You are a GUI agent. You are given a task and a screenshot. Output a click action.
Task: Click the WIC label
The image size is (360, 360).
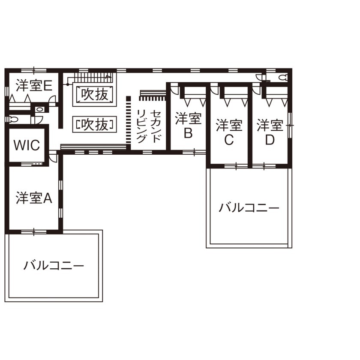27,145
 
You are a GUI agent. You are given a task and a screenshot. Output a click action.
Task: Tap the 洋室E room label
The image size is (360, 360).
34,86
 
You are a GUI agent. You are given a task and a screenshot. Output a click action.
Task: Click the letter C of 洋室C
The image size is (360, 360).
229,140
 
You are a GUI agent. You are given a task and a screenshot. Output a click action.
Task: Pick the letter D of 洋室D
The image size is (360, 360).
270,140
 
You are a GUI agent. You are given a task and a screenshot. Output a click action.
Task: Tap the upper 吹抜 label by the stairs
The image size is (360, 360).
95,94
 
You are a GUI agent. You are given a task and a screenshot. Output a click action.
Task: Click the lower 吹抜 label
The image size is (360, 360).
95,124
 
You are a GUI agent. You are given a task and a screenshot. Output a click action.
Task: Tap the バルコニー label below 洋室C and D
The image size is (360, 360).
249,208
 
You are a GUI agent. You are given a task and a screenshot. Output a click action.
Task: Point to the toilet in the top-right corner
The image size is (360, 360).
282,78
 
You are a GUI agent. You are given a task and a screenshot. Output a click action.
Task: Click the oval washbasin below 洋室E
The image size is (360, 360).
39,109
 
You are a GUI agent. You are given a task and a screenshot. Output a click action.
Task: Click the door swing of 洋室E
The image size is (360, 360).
52,99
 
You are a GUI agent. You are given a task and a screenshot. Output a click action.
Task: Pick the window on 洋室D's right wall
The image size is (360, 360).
291,125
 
